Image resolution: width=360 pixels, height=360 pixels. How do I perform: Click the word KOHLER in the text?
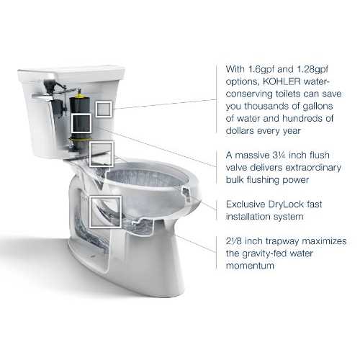tap(282, 81)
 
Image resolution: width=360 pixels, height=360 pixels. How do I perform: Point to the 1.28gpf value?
tap(312, 70)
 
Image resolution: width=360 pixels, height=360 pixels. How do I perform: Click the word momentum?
tap(250, 266)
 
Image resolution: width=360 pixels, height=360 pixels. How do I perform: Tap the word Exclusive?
tap(246, 204)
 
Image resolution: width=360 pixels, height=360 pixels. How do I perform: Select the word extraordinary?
tap(313, 168)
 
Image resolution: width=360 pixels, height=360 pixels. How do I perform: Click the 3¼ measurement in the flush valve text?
tap(279, 155)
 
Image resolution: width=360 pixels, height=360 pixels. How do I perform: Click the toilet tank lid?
tap(71, 71)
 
